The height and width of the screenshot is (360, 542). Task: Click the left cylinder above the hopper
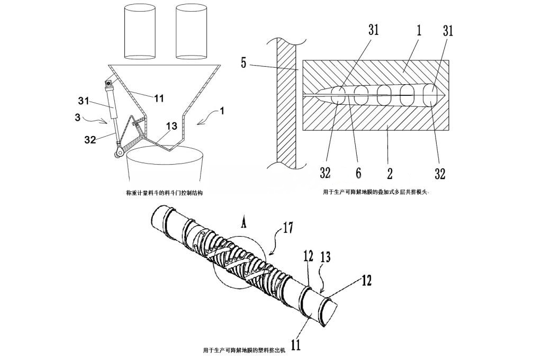139,31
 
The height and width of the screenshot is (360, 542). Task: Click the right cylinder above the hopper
191,31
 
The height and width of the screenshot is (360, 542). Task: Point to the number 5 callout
244,64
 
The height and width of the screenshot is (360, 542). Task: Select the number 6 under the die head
358,173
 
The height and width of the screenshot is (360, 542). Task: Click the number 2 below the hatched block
390,173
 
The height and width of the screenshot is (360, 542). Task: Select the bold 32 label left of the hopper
90,140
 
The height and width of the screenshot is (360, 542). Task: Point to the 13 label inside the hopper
172,126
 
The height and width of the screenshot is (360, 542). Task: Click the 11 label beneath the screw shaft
296,344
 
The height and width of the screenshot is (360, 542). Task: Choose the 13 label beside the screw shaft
326,257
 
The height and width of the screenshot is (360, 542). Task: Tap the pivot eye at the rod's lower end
118,153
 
